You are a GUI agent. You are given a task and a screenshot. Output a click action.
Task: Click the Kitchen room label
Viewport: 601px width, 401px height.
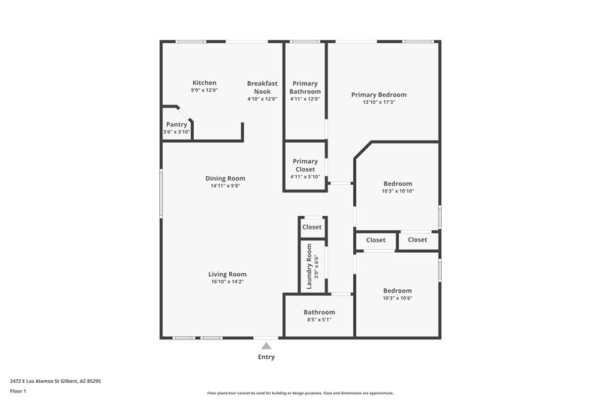pos(204,83)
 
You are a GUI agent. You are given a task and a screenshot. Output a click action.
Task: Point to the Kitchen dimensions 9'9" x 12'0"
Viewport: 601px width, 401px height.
pos(204,90)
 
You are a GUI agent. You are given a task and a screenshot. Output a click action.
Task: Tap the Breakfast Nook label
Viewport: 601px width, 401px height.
pos(263,87)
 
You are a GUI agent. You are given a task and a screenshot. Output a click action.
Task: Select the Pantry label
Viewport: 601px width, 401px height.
pos(177,124)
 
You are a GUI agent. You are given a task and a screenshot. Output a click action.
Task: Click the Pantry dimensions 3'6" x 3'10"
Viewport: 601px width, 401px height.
pos(177,132)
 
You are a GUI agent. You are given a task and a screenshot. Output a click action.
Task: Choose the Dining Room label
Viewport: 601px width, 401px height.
pos(225,178)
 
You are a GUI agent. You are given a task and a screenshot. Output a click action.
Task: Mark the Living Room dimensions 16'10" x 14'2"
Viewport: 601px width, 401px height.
pos(227,281)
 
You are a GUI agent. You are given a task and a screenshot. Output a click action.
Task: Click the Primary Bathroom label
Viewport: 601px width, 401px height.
pos(305,87)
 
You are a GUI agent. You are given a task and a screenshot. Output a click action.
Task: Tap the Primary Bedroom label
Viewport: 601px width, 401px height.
pos(379,95)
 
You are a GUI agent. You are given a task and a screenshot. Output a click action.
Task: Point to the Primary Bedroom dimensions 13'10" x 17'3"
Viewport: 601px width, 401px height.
pos(379,102)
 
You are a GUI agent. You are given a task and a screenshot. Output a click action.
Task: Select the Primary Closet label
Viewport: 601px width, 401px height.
pos(305,165)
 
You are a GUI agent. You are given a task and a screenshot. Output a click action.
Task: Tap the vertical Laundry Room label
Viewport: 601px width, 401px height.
pos(309,266)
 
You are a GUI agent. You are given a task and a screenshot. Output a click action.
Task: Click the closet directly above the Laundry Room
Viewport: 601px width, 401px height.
pos(312,226)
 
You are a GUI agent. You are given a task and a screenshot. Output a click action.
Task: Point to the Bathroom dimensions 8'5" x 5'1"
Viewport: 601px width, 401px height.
pos(319,320)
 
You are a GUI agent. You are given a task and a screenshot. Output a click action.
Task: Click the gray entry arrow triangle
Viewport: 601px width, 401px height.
pos(266,345)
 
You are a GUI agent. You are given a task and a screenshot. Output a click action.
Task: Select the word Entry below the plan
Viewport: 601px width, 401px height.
pos(266,357)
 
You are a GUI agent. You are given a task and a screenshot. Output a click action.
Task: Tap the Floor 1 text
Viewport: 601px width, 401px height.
pos(19,392)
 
